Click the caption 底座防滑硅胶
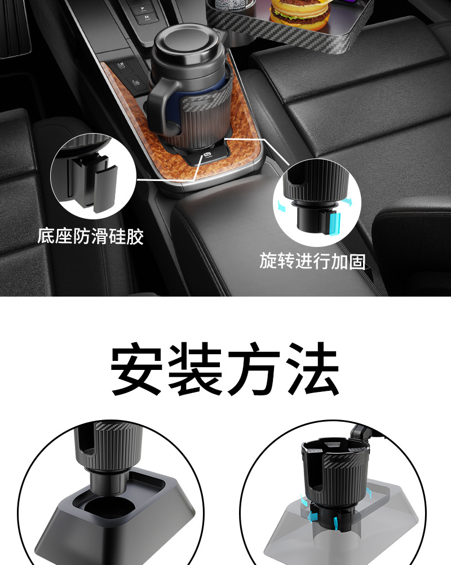tap(91, 236)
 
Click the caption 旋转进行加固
tap(312, 261)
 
